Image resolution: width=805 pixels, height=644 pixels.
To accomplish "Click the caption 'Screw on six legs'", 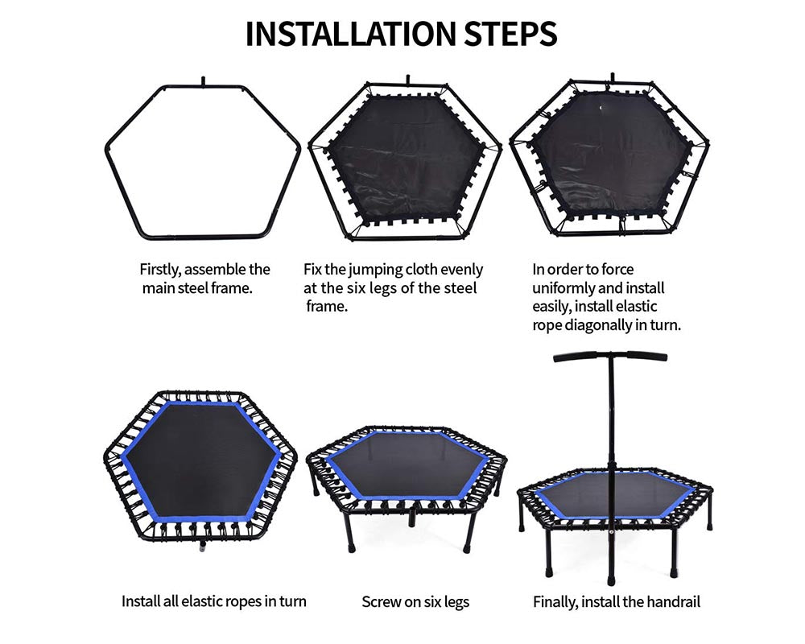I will (x=415, y=601).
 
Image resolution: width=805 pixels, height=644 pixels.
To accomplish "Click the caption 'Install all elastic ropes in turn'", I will (x=213, y=601).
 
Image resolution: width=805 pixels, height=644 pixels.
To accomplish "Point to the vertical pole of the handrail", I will (x=609, y=451).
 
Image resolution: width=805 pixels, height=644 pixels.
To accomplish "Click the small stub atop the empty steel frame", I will (x=204, y=81).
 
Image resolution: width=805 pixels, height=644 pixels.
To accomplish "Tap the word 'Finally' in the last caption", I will (x=555, y=601).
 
